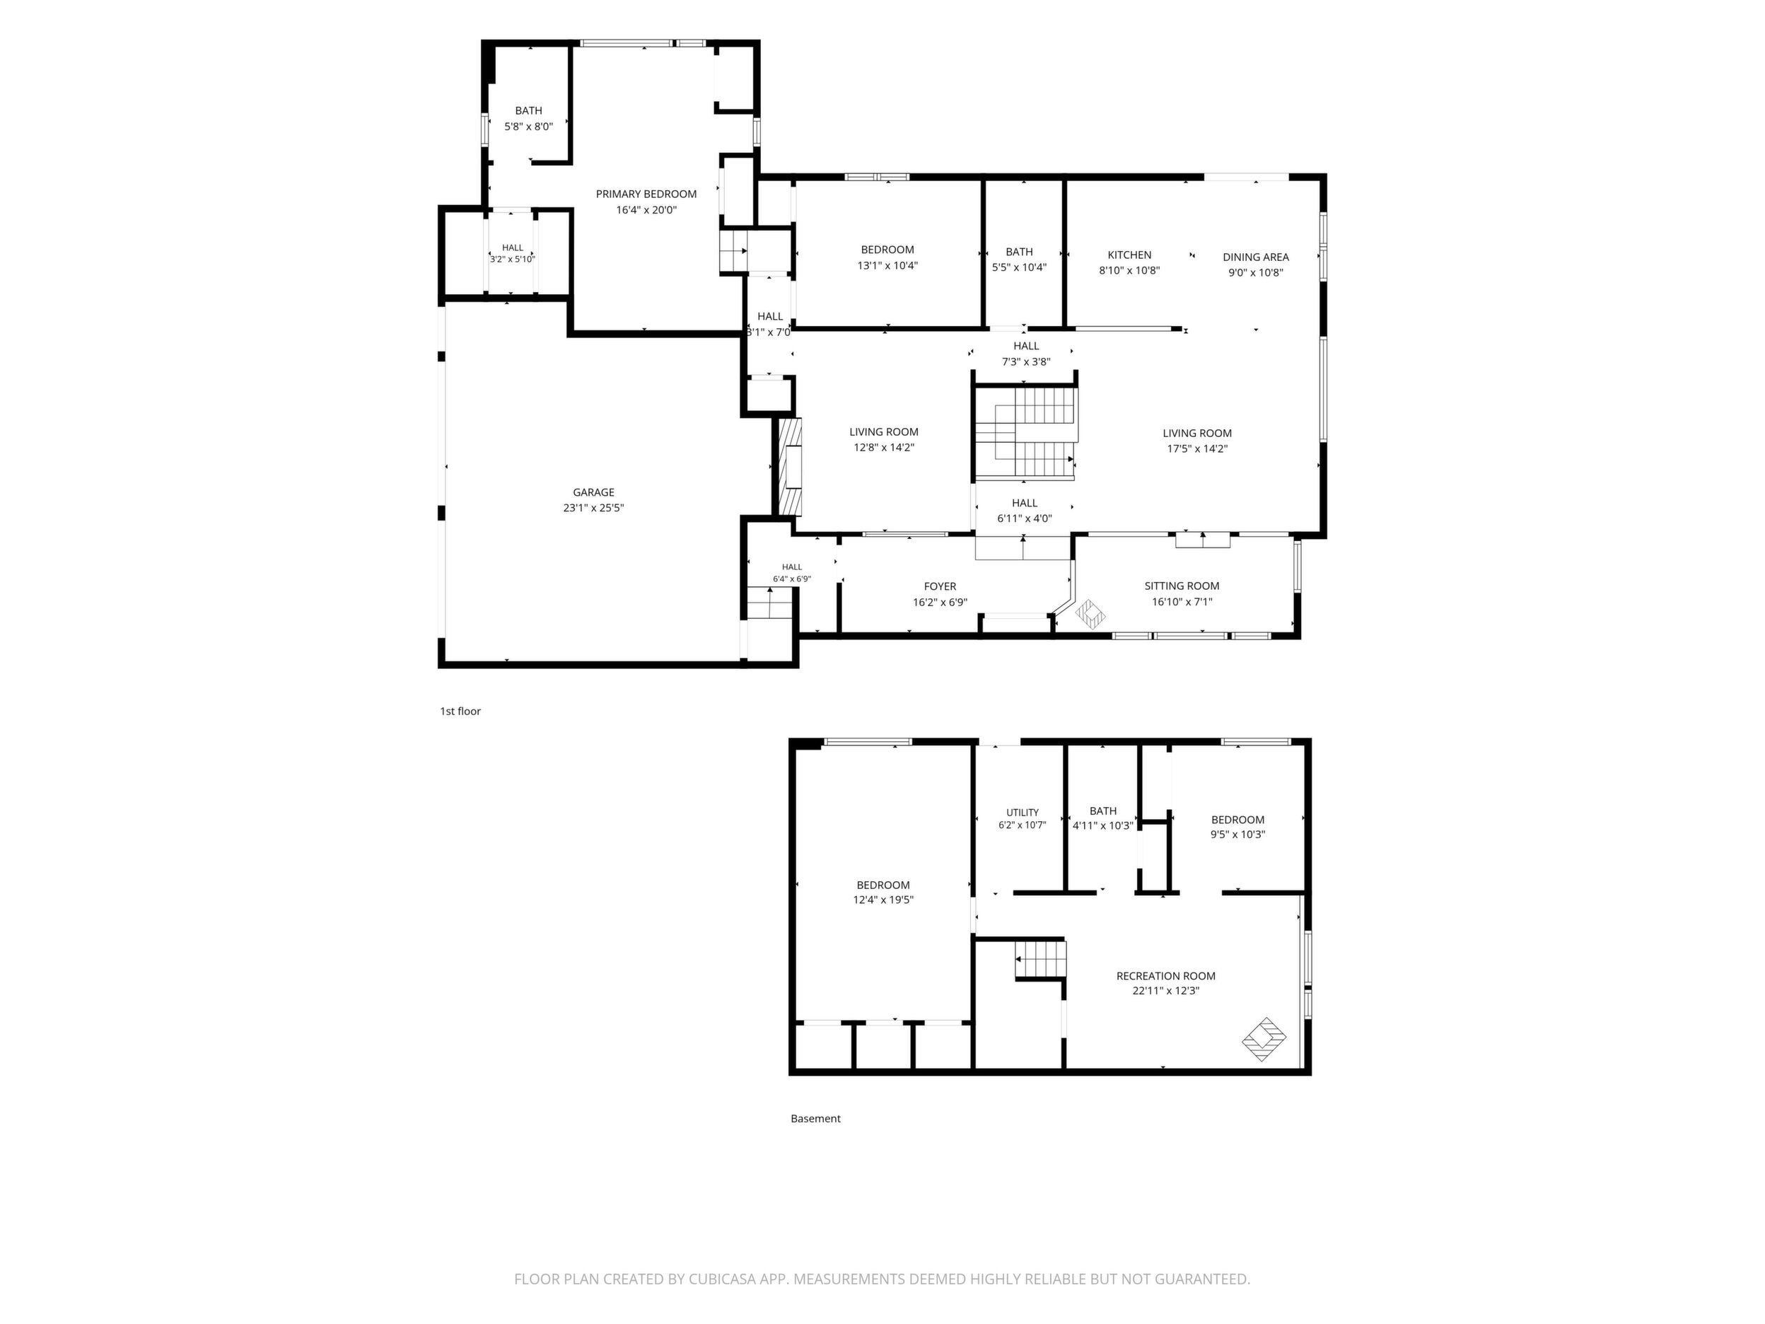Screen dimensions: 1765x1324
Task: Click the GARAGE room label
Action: [594, 492]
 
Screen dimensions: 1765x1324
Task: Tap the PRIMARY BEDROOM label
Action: [646, 194]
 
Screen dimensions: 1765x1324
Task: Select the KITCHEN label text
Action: [1129, 255]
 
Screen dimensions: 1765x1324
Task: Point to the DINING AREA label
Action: [1256, 257]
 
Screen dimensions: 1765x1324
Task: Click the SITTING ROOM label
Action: [1182, 586]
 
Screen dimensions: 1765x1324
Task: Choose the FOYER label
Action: [940, 586]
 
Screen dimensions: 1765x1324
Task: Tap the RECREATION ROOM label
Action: [1166, 976]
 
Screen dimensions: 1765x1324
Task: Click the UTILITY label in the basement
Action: [1022, 813]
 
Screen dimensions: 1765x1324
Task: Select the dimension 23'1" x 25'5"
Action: [594, 508]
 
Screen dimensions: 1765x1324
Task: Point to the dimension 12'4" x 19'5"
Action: [883, 900]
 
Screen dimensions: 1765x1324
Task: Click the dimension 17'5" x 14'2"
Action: [1197, 448]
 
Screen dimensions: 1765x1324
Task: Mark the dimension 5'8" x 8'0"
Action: [528, 126]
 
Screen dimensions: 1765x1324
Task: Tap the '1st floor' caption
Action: [460, 711]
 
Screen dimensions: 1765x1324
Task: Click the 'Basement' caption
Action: [815, 1118]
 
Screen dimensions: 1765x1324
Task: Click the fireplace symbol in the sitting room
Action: [1091, 614]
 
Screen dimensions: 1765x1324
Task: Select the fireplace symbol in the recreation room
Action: [1264, 1039]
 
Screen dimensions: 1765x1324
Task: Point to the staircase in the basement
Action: [1040, 960]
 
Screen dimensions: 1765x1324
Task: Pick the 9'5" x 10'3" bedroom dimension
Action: [1237, 835]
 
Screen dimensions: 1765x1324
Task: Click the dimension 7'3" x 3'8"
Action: [1026, 361]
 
